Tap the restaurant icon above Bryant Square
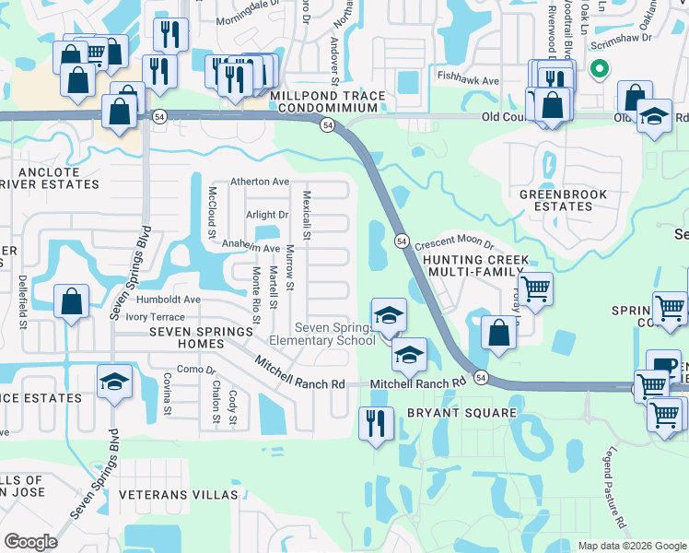376,424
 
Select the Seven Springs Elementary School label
334,335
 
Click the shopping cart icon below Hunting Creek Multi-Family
535,288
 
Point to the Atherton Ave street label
260,182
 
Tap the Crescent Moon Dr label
454,245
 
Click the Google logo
30,542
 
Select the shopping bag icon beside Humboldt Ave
72,302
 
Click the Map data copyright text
632,546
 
